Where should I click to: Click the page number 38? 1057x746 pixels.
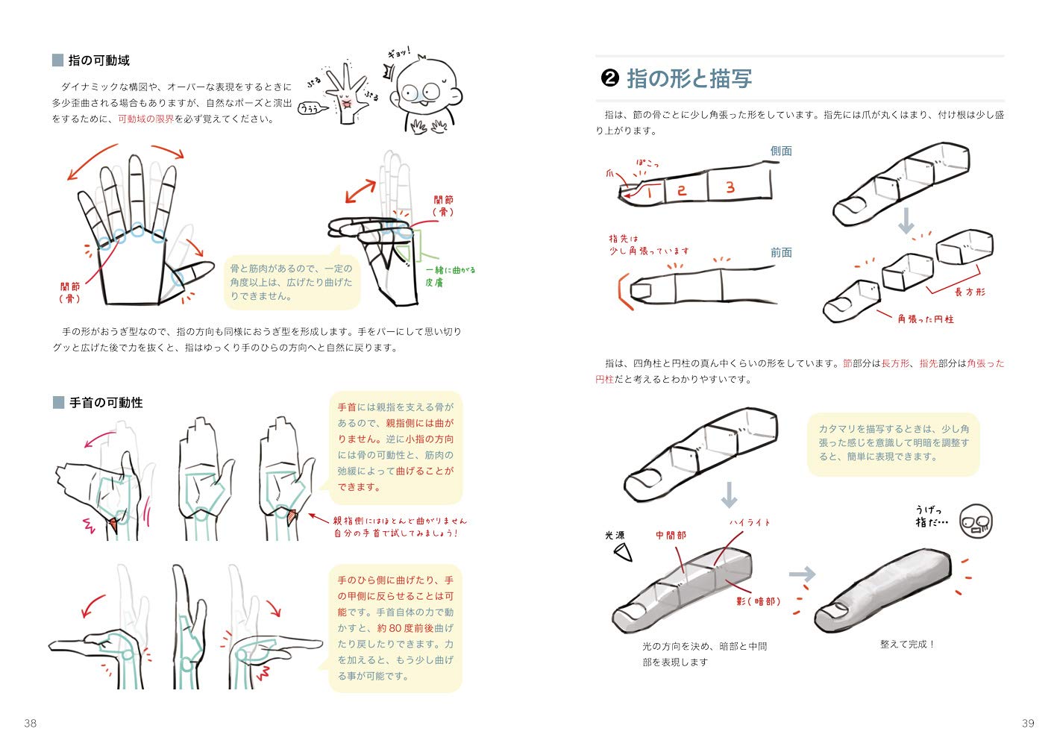(30, 723)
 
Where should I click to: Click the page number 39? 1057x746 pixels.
(1028, 723)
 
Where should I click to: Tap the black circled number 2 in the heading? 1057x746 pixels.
(609, 78)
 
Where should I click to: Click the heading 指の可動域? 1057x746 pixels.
(98, 60)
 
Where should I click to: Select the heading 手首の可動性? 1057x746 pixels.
(106, 403)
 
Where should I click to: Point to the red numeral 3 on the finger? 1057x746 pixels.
(730, 187)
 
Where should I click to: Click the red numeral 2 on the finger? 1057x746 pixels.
(681, 190)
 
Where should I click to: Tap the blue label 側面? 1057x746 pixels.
(781, 151)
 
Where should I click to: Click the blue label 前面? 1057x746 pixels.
(781, 252)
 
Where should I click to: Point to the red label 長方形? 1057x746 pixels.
(970, 292)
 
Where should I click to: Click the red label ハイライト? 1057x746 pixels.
(750, 522)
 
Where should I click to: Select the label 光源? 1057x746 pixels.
(615, 535)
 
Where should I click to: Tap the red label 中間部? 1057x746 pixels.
(671, 535)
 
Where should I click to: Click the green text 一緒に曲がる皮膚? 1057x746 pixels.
(450, 277)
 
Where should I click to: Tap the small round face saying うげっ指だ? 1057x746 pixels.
(976, 521)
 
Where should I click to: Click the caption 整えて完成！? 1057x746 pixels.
(907, 644)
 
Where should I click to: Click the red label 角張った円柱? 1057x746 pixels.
(926, 319)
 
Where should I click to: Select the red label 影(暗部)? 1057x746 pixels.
(759, 601)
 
